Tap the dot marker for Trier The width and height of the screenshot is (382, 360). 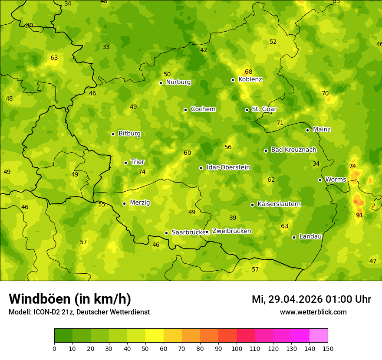126,163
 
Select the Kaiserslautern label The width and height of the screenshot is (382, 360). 279,204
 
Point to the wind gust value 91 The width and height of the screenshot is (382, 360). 359,215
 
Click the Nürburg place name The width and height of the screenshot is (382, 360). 178,82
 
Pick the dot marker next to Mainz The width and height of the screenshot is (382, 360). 307,130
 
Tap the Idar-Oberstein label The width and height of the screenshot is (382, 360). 228,167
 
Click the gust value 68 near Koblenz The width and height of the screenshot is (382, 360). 248,72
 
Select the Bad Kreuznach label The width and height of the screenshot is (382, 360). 293,150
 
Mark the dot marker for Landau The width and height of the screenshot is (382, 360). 294,237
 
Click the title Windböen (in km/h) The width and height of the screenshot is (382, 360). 70,299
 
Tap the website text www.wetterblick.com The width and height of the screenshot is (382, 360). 313,312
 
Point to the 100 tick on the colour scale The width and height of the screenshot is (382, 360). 237,348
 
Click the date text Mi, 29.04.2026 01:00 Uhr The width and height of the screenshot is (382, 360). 311,299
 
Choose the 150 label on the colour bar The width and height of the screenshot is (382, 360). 328,348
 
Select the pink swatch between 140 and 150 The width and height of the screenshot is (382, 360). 319,336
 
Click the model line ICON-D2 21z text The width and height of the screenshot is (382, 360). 79,312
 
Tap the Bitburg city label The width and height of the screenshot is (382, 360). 129,134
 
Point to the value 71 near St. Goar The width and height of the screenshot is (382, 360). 280,123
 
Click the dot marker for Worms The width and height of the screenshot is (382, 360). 320,180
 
